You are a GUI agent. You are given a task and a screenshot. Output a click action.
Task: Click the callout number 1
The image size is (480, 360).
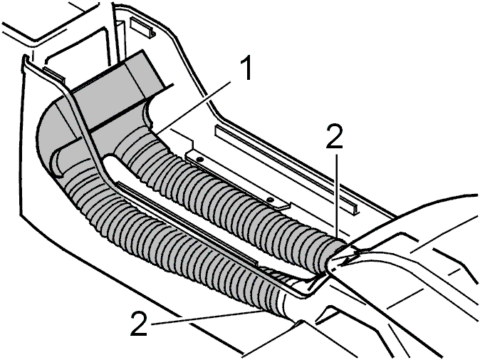tap(244, 69)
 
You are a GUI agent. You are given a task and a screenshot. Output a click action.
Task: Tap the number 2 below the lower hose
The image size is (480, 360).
tap(140, 323)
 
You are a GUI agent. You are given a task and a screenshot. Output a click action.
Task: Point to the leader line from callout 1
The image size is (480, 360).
tap(194, 107)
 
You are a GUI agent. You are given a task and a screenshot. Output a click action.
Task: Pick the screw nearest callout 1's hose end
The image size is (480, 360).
tap(199, 160)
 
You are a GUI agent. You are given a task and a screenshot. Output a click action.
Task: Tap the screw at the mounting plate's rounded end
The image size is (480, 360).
tap(269, 200)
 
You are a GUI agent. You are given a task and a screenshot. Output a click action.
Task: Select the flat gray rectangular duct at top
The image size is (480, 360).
tap(120, 89)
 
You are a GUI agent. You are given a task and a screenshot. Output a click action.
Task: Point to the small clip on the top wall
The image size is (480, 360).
tap(143, 27)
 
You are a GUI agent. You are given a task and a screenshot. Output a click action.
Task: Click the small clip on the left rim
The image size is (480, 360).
tap(54, 73)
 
